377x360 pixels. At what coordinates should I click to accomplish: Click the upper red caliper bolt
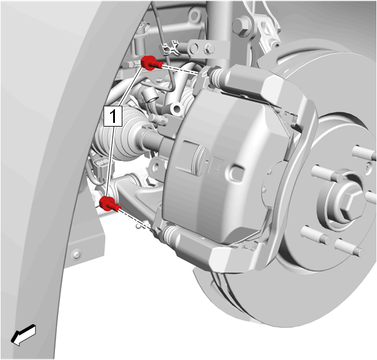click(x=151, y=63)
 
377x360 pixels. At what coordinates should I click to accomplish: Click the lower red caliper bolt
click(x=109, y=204)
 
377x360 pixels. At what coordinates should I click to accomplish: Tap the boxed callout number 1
click(x=113, y=116)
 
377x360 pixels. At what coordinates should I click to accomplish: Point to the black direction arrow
click(x=23, y=335)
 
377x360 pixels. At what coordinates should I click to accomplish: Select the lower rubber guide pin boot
click(x=170, y=233)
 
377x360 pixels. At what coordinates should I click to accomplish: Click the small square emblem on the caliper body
click(x=216, y=165)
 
